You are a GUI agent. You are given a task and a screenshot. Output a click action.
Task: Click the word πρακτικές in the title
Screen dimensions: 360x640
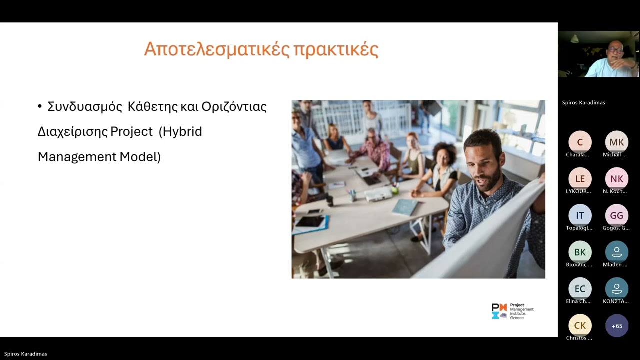click(x=335, y=50)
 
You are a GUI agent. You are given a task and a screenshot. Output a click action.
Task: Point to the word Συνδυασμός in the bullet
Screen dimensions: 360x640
click(x=85, y=107)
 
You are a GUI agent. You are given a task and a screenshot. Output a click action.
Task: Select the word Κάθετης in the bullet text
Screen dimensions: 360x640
click(x=149, y=107)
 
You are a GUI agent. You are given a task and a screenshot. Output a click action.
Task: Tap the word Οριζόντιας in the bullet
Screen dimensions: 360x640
click(x=234, y=107)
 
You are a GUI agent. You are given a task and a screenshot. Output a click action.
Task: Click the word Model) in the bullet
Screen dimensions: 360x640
click(x=140, y=157)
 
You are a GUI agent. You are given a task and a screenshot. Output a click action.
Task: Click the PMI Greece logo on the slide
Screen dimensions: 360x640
click(x=512, y=311)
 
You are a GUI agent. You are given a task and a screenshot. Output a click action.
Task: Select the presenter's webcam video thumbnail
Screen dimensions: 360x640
click(x=599, y=55)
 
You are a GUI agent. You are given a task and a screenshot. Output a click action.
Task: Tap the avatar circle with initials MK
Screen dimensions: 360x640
click(x=616, y=142)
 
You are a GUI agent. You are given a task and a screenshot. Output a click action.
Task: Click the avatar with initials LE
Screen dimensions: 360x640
click(x=580, y=179)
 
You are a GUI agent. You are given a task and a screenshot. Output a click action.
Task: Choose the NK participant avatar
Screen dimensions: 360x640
click(x=616, y=179)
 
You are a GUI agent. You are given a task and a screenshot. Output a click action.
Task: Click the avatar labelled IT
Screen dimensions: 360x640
click(x=580, y=215)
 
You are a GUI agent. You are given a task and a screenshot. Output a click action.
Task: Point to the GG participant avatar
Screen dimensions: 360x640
click(x=616, y=215)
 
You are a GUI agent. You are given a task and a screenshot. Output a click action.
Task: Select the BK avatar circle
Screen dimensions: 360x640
click(x=580, y=252)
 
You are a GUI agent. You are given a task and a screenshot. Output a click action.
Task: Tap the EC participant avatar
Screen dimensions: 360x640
click(x=580, y=289)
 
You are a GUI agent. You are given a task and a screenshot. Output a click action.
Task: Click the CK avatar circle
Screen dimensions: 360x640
click(x=580, y=325)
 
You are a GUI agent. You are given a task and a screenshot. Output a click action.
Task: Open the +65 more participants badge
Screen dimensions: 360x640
click(x=616, y=326)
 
